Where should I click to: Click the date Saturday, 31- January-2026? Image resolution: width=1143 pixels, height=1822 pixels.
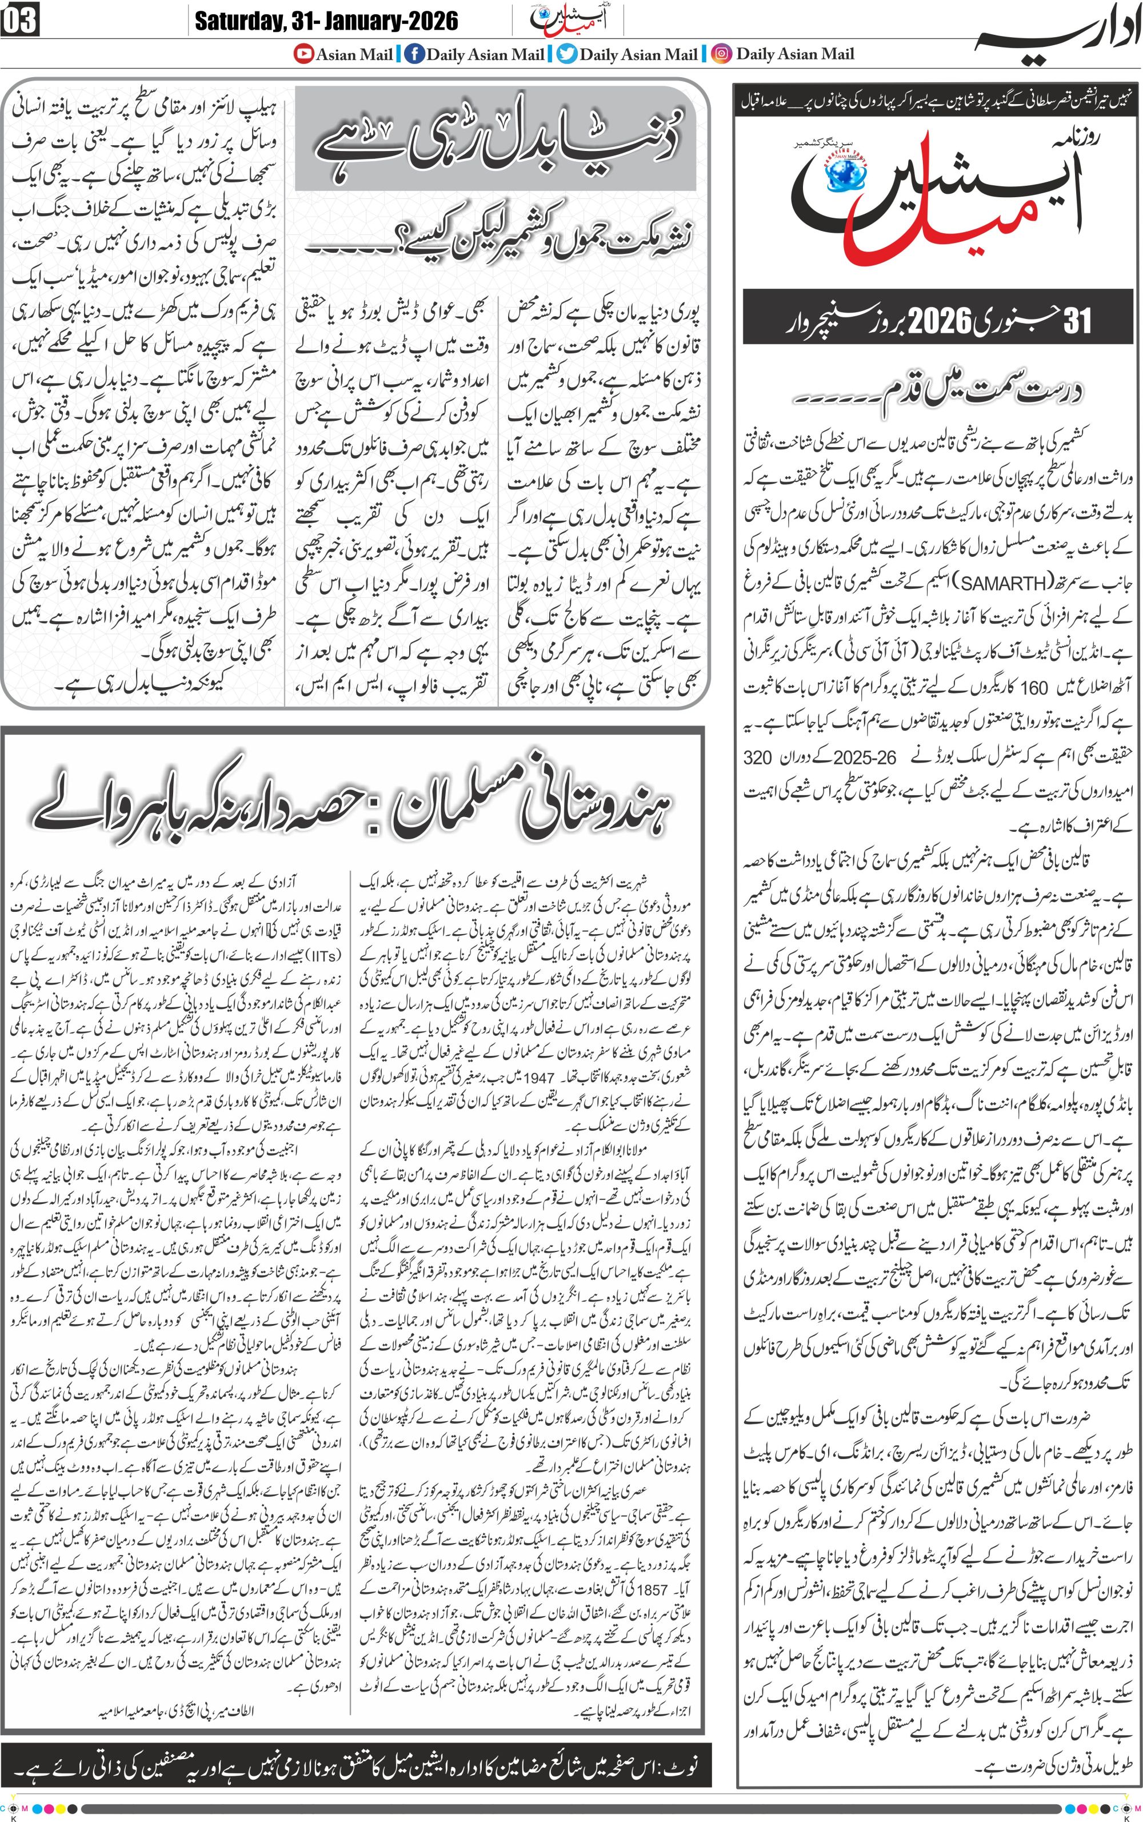326,21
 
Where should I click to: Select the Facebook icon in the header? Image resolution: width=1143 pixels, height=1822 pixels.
414,54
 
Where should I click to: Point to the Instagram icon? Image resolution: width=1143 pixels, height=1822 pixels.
722,54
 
